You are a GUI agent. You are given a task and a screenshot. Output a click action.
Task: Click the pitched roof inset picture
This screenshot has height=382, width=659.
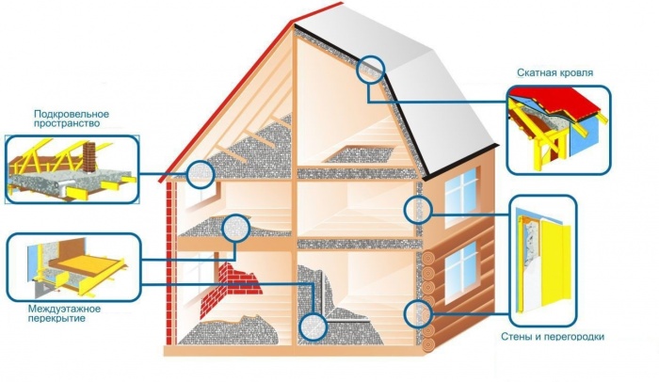pos(557,129)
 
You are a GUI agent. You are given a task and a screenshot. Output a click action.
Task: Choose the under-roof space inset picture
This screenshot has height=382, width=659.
pos(72,167)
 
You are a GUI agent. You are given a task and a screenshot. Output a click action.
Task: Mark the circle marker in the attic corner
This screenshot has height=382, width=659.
pos(200,173)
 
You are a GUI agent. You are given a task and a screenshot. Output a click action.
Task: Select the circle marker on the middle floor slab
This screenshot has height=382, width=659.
pos(236,228)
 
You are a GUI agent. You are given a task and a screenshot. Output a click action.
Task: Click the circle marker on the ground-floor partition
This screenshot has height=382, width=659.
pos(313,326)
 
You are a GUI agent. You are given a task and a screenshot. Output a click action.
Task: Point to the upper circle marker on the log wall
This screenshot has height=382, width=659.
pos(415,210)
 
